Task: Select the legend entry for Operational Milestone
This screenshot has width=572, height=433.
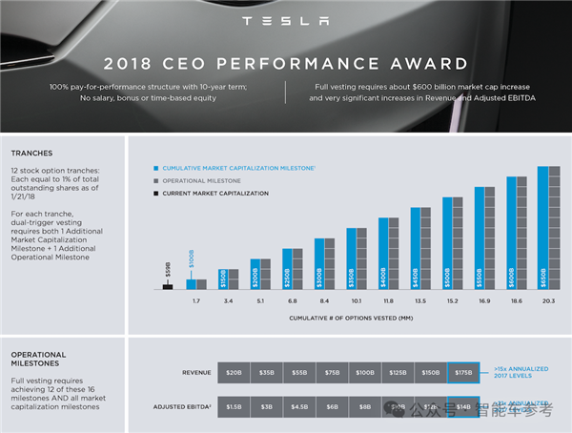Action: [201, 180]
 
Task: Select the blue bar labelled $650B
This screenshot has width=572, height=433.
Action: [542, 228]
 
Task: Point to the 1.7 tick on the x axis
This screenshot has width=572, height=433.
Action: [194, 301]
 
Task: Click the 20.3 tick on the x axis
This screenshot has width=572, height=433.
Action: [547, 301]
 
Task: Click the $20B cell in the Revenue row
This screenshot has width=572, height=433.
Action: [233, 373]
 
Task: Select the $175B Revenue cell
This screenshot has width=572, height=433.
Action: [462, 373]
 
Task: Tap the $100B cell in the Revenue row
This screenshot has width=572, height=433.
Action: [364, 373]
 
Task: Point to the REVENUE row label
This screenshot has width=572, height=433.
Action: [196, 373]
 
